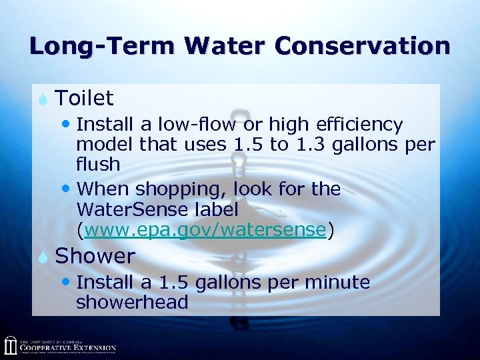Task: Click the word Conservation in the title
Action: (362, 46)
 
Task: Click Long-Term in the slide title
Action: (102, 46)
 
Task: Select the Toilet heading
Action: (85, 99)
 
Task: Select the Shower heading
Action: (95, 256)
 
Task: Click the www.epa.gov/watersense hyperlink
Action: (205, 230)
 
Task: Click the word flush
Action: (98, 164)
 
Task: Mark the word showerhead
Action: (132, 302)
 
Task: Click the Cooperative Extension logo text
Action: (67, 347)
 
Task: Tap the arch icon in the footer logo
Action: (10, 345)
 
